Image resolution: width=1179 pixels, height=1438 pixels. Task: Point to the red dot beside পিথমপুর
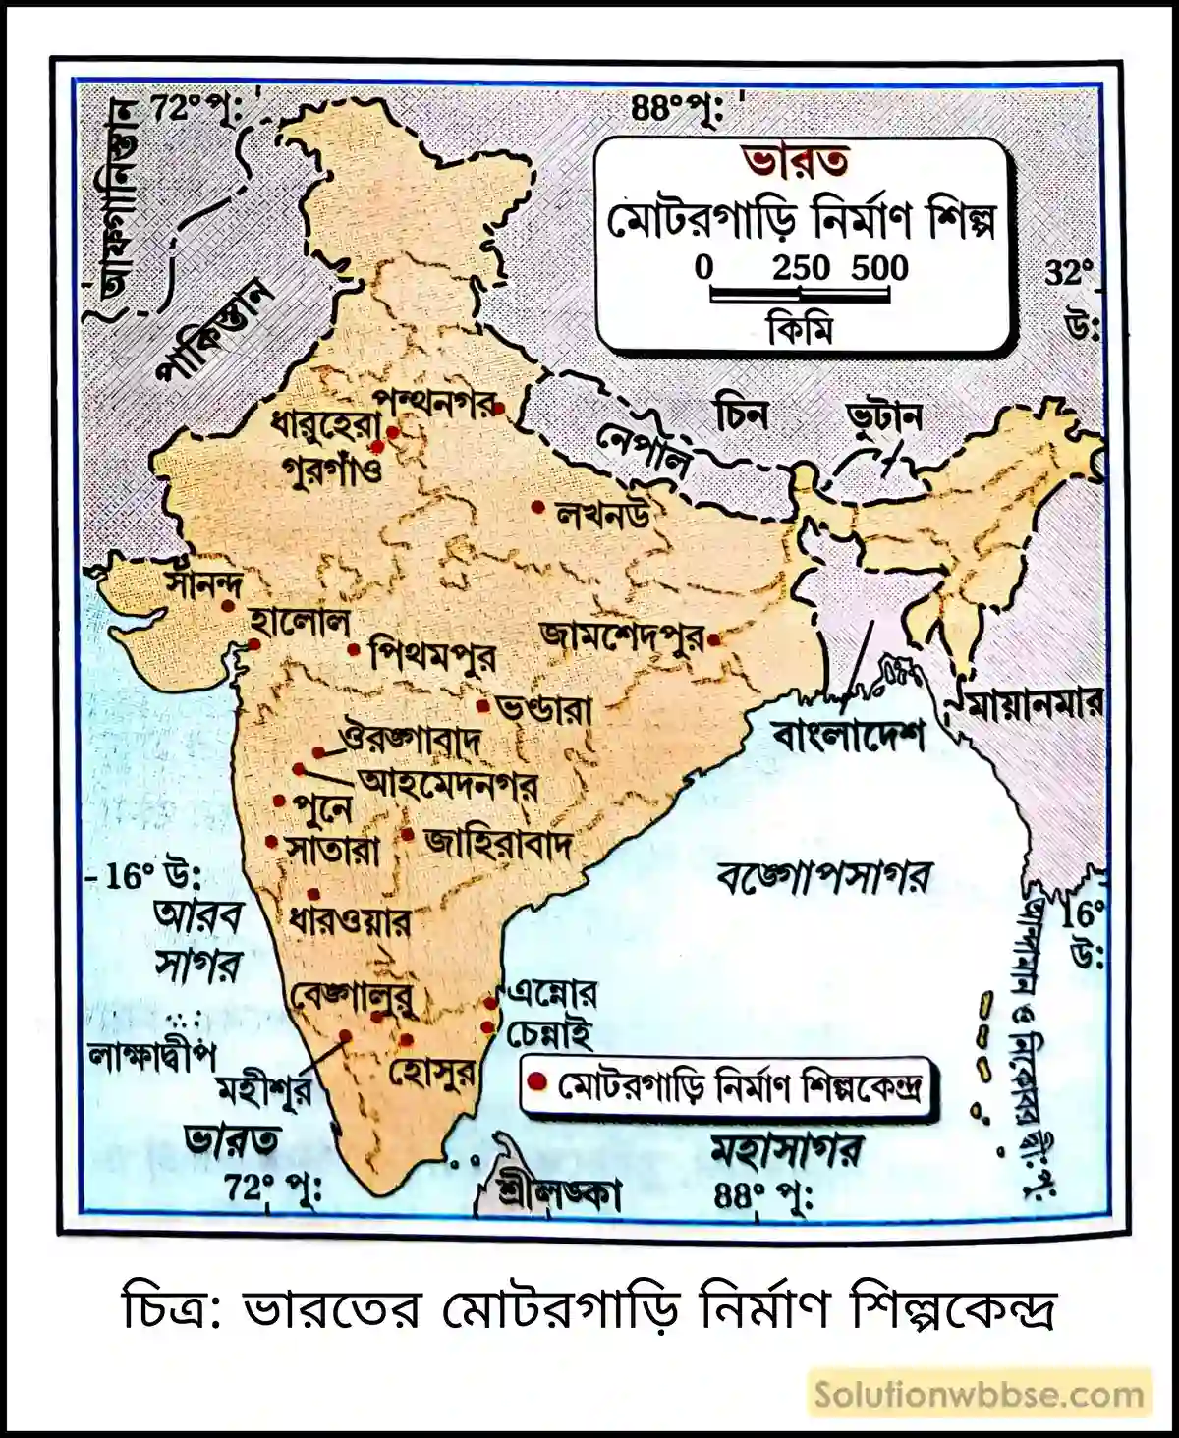tap(354, 650)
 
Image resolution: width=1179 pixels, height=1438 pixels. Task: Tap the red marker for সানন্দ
tap(228, 607)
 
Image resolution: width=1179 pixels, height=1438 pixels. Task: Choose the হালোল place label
tap(300, 622)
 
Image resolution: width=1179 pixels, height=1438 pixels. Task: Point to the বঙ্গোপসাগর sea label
tap(822, 875)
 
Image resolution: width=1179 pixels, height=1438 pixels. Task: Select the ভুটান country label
tap(884, 418)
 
